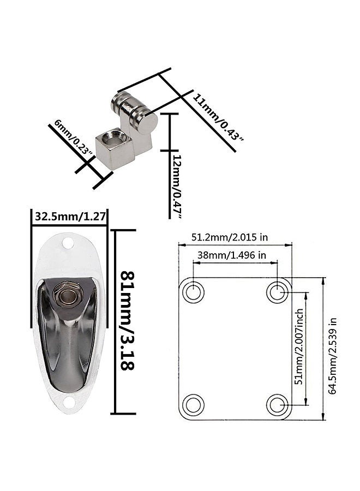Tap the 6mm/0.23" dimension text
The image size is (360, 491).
(x=73, y=138)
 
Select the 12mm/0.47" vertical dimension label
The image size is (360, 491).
(x=177, y=186)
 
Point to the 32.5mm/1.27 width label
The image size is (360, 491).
(x=69, y=216)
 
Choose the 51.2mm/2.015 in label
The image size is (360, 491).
(x=230, y=237)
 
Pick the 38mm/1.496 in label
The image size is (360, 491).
(x=231, y=255)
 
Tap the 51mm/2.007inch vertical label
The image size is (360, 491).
(x=299, y=346)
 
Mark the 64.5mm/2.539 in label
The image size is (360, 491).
(x=333, y=356)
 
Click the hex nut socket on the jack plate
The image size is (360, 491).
(x=67, y=295)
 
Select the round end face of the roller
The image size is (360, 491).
(x=148, y=124)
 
